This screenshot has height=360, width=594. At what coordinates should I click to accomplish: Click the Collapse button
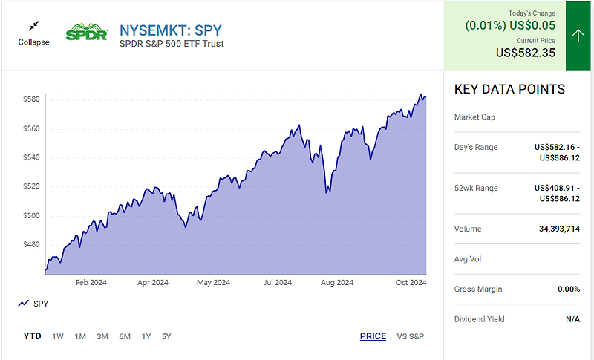pyautogui.click(x=33, y=35)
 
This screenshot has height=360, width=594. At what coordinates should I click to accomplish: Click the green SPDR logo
pyautogui.click(x=87, y=34)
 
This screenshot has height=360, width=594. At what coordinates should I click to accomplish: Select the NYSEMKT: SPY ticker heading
pyautogui.click(x=170, y=30)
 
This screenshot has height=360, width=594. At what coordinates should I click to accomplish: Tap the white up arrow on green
pyautogui.click(x=579, y=36)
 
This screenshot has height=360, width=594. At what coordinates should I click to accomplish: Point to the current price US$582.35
pyautogui.click(x=526, y=53)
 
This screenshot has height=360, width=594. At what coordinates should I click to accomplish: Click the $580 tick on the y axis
pyautogui.click(x=30, y=99)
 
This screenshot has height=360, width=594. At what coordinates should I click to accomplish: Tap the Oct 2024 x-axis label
pyautogui.click(x=410, y=283)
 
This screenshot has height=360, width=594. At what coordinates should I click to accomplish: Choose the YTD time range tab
pyautogui.click(x=32, y=336)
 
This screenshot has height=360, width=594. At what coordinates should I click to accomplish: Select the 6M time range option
pyautogui.click(x=125, y=336)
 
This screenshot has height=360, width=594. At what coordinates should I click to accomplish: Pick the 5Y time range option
pyautogui.click(x=166, y=336)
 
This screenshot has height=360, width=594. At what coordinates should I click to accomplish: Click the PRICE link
pyautogui.click(x=373, y=336)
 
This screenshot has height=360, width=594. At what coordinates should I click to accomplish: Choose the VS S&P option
pyautogui.click(x=411, y=336)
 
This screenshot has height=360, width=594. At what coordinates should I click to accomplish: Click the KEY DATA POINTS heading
pyautogui.click(x=509, y=90)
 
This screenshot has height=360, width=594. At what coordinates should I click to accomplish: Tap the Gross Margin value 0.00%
pyautogui.click(x=567, y=289)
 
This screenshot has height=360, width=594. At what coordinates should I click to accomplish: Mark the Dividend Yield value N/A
pyautogui.click(x=572, y=319)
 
